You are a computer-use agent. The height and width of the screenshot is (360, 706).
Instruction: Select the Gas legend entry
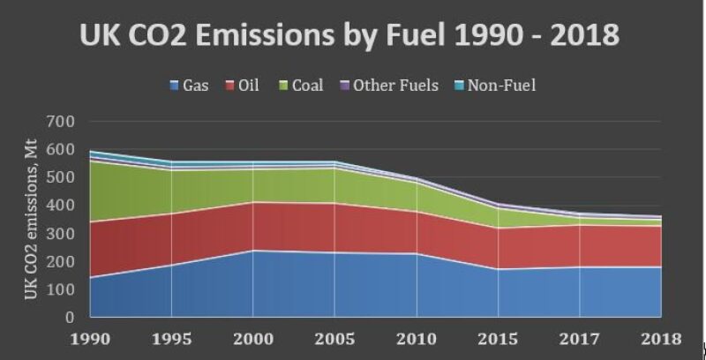189,86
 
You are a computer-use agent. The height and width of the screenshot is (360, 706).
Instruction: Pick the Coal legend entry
301,86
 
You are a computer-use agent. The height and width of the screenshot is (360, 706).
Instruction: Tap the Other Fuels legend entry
388,86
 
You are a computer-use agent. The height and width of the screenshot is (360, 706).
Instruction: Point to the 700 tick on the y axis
61,121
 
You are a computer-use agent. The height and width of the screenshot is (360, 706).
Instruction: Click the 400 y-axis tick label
61,206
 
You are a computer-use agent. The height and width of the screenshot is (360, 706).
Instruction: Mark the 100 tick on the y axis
61,289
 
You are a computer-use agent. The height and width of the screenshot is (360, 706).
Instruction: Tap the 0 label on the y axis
71,318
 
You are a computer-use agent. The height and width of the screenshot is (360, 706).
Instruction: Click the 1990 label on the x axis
90,339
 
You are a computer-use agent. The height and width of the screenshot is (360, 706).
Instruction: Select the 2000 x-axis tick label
253,339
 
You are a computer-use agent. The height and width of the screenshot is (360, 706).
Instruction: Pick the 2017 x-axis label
580,339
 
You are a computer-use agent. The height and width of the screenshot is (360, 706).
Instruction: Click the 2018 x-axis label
661,339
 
